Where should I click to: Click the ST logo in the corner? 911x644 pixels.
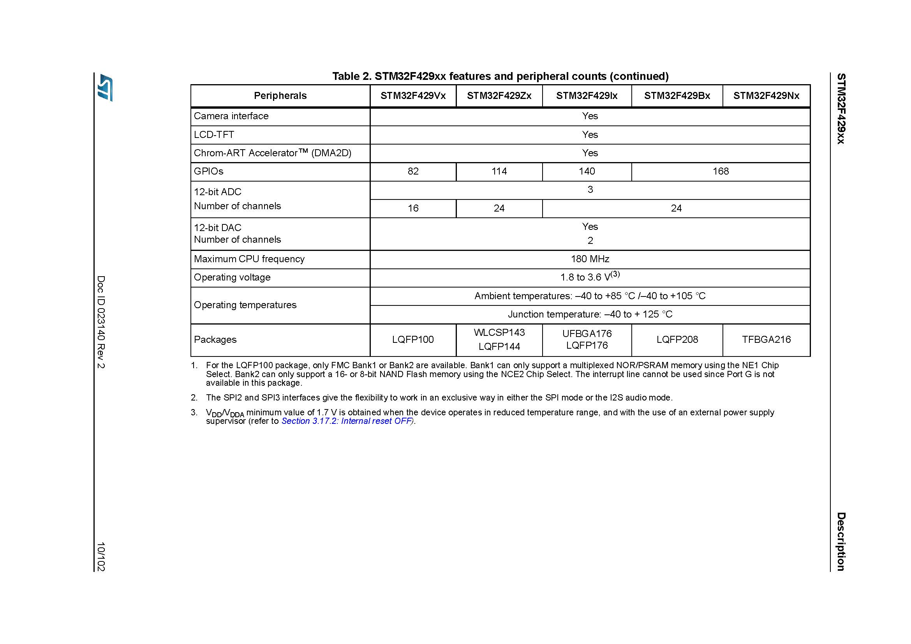point(106,87)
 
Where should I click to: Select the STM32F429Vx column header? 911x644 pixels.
point(412,95)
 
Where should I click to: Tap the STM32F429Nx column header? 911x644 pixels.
point(766,95)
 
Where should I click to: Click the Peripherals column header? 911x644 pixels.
point(280,95)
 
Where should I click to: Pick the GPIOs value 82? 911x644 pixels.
point(412,171)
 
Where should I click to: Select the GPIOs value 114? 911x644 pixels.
point(499,171)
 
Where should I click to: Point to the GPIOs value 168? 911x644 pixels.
point(720,171)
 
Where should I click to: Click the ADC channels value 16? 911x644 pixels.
point(412,208)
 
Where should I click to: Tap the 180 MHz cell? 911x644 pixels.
point(590,259)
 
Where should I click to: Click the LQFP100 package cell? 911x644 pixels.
point(412,340)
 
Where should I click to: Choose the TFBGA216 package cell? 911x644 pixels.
point(766,340)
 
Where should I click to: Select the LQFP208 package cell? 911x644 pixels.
point(677,340)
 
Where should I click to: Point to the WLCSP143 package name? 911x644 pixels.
point(499,332)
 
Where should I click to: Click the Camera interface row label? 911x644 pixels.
point(231,116)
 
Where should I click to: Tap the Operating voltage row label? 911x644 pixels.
point(232,277)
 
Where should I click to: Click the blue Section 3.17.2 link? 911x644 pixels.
point(346,421)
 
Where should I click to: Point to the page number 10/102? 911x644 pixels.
point(101,556)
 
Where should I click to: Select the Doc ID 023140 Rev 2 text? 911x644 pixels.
point(101,322)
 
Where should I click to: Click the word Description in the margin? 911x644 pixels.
point(841,541)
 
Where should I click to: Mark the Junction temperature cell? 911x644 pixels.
point(590,315)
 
